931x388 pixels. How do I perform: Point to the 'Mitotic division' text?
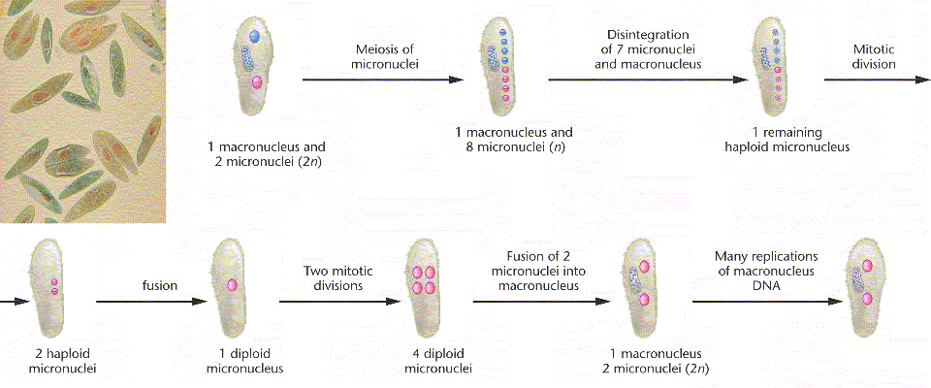point(872,56)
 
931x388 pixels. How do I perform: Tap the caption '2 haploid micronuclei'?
point(54,360)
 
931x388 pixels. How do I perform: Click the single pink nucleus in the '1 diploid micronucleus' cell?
point(233,285)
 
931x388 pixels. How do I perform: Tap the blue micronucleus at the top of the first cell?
point(254,35)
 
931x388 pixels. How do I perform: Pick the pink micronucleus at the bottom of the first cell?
point(257,83)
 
